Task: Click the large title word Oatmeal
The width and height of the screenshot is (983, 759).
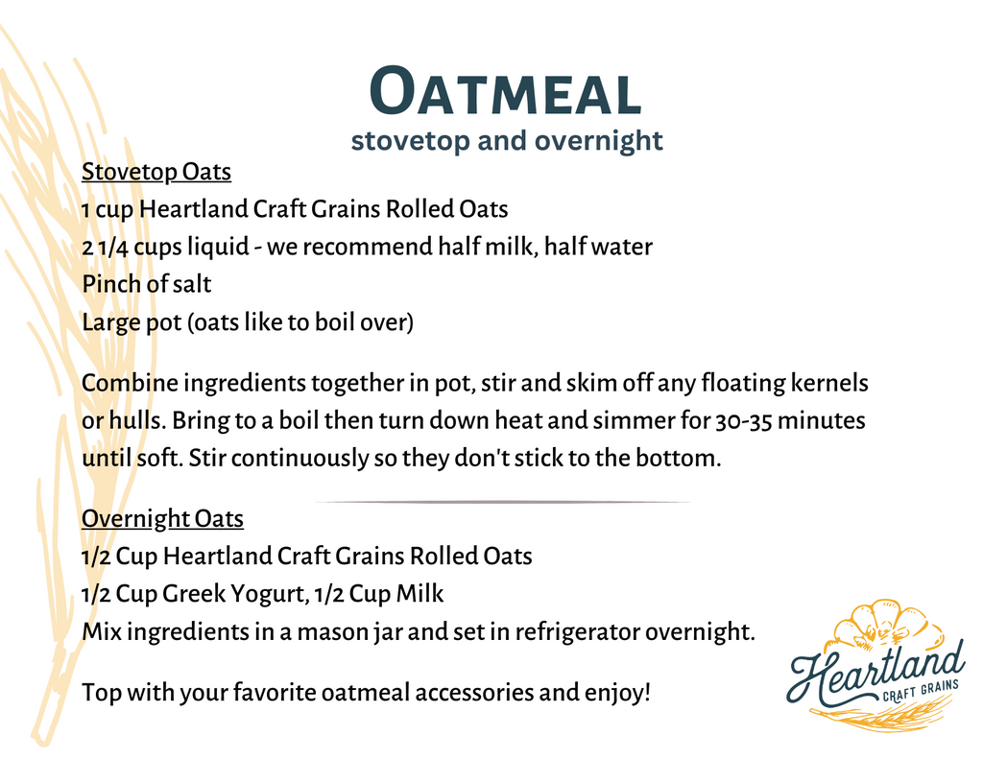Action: [x=505, y=94]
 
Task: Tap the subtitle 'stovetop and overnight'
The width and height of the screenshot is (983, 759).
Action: [x=506, y=141]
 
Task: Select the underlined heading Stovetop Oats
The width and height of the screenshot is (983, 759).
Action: [x=156, y=172]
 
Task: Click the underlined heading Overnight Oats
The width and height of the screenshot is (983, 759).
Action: [x=162, y=519]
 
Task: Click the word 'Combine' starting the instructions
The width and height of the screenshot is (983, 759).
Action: [x=129, y=384]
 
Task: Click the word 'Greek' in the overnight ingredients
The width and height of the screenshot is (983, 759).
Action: [x=193, y=594]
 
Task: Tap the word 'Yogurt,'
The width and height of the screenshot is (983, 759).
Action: [x=270, y=595]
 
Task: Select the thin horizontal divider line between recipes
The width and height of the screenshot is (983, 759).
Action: [x=502, y=502]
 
